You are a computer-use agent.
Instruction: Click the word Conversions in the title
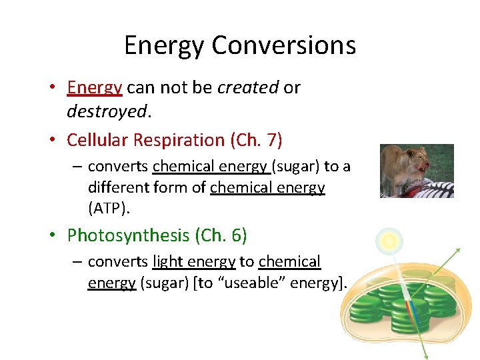tap(284, 45)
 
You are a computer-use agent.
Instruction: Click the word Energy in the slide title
tap(165, 45)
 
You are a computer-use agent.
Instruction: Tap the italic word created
tap(248, 87)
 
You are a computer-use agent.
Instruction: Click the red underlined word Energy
tap(95, 87)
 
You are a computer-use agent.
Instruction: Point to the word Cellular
tap(97, 140)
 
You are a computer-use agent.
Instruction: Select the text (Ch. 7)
tap(257, 140)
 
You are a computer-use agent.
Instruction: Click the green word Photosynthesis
tap(129, 235)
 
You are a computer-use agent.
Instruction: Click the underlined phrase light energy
tap(194, 262)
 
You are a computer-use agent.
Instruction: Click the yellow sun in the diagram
tap(390, 240)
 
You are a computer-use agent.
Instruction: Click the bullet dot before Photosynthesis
tap(59, 236)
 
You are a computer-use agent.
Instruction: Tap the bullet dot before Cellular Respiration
tap(59, 141)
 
